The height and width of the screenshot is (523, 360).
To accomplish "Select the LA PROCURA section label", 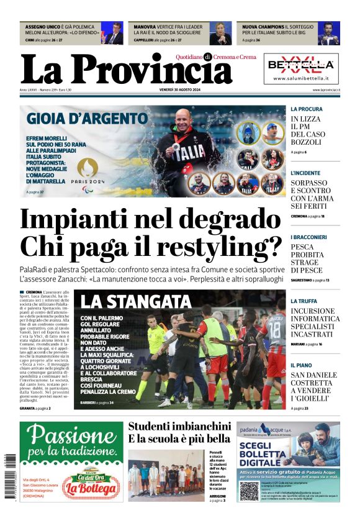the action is click(307, 109).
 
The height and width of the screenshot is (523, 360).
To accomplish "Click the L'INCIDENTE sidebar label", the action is click(305, 173).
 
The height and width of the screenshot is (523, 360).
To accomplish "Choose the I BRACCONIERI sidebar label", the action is click(309, 237).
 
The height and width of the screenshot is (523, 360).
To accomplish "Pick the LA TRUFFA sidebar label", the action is click(304, 301).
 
